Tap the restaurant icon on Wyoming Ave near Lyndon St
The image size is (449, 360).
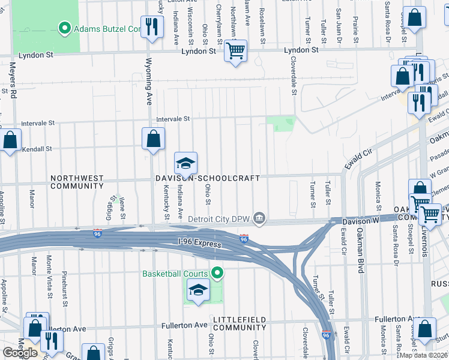pos(152,26)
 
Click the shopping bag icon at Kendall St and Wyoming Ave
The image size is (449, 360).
pos(154,139)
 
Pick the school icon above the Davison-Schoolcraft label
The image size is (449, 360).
pos(186,163)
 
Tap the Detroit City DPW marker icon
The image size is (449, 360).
pos(259,218)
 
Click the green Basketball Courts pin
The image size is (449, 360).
pos(217,274)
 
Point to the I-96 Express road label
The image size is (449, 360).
pos(199,242)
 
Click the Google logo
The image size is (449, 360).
pos(20,353)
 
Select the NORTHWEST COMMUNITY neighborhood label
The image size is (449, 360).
pos(77,182)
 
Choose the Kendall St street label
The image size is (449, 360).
pos(37,148)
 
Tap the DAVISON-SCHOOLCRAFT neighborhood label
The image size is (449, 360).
pos(207,178)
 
